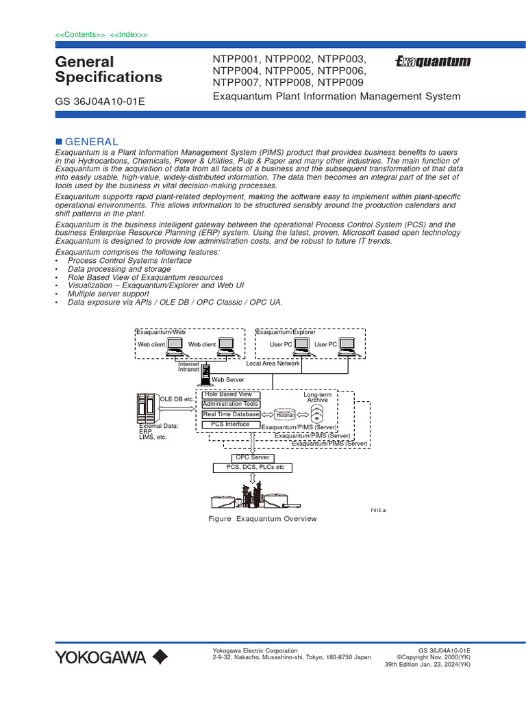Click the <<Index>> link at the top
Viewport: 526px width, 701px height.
click(129, 35)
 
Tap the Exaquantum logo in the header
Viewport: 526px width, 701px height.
click(434, 62)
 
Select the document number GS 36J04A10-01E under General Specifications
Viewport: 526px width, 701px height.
click(99, 102)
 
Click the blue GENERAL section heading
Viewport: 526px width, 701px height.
click(91, 141)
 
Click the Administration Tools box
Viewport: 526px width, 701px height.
click(230, 405)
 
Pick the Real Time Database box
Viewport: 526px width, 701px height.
click(230, 415)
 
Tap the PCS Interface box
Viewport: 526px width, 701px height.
click(230, 424)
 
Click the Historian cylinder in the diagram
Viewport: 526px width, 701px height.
click(286, 415)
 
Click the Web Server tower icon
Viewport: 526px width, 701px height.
click(205, 376)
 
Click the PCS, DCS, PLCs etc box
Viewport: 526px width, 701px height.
click(252, 468)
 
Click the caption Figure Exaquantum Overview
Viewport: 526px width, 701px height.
click(262, 519)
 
